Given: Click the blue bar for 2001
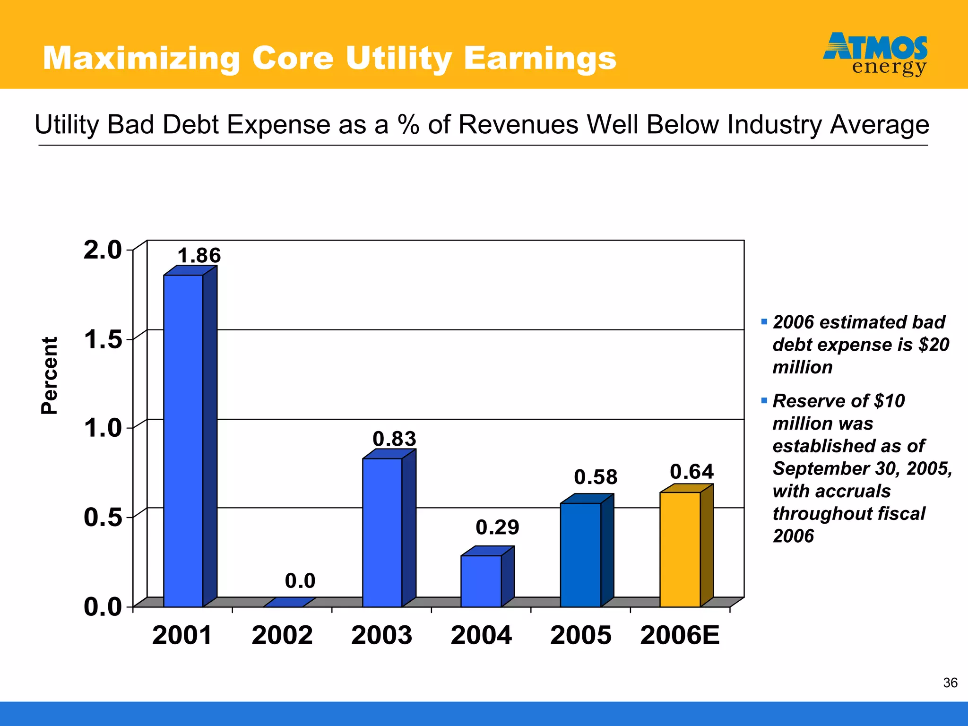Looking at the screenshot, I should (183, 440).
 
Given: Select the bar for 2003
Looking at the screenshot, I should (382, 532).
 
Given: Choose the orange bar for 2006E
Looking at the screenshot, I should (680, 549).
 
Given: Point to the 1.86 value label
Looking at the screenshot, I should (199, 256).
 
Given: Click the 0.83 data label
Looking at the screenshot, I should (394, 439).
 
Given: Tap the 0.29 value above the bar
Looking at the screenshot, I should (497, 527).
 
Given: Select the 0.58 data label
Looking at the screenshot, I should (596, 477).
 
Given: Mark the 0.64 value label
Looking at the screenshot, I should (691, 472).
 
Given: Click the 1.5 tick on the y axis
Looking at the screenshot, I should (103, 339).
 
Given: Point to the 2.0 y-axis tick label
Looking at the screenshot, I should (103, 250).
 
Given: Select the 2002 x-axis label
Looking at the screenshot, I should (282, 635).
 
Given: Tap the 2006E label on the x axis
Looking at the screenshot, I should (680, 635).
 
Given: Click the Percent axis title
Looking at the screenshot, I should (49, 376).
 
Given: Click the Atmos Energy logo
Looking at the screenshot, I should (875, 54).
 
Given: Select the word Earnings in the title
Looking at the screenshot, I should (540, 59).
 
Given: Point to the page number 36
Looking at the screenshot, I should (950, 683).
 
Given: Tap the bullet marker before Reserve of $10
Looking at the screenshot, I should (764, 401).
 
